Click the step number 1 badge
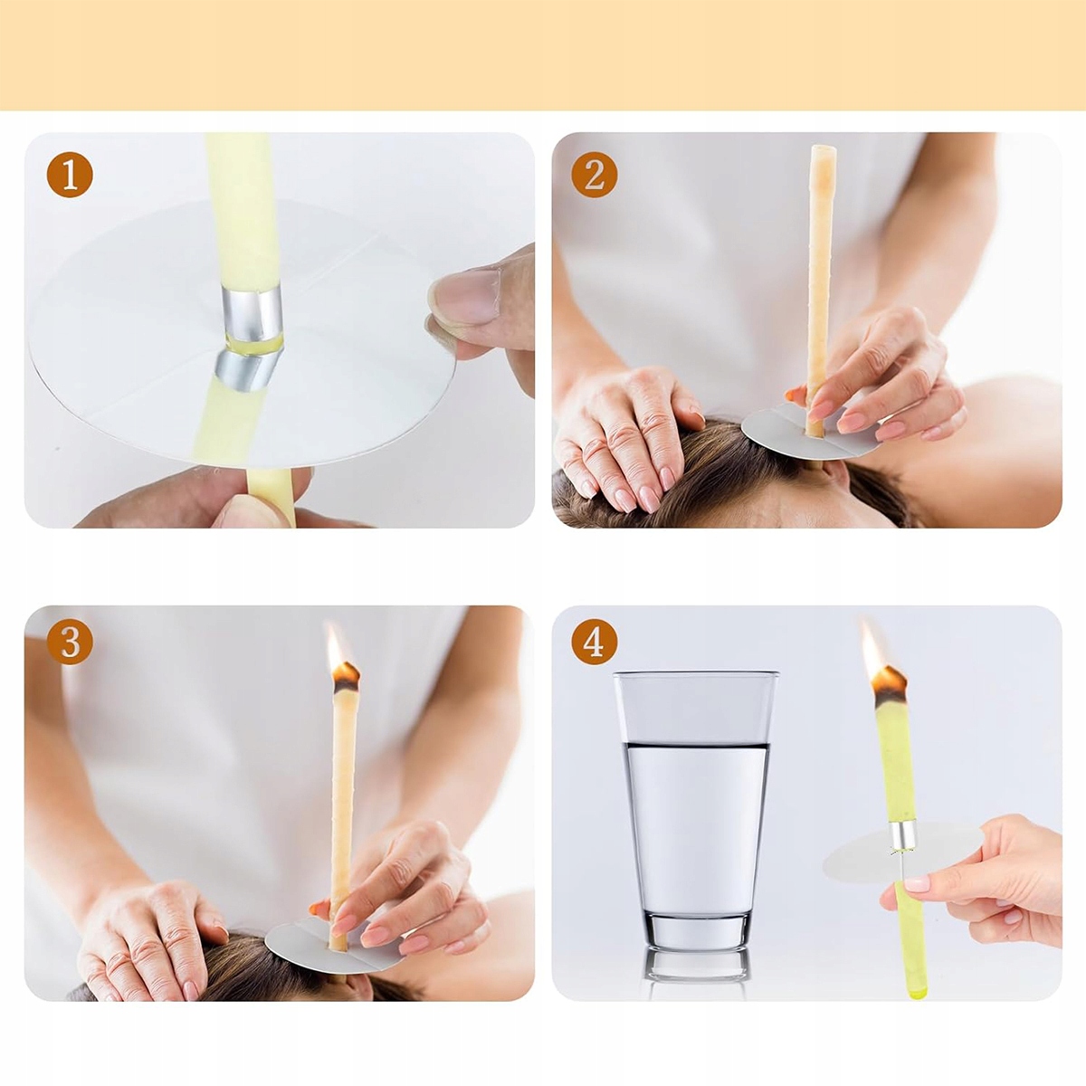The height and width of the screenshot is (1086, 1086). (70, 175)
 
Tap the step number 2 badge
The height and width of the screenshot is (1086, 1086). (595, 175)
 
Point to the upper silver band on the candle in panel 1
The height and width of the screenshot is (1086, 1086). (252, 312)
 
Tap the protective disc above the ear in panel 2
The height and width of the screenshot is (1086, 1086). (812, 431)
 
